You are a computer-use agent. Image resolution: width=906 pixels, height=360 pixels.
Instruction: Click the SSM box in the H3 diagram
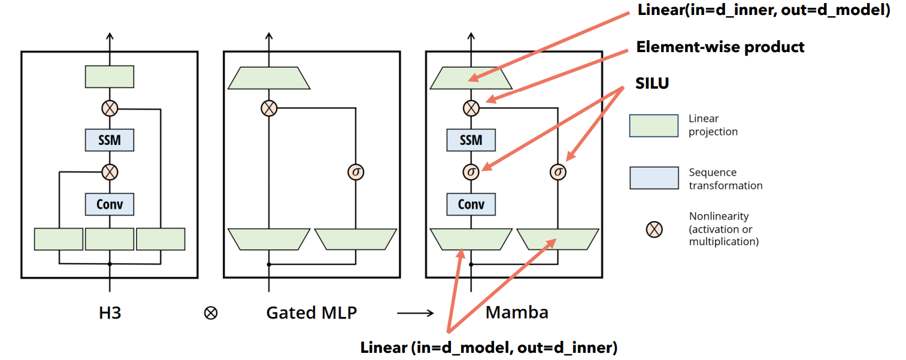[109, 140]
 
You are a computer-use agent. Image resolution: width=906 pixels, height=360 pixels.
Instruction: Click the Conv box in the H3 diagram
[109, 204]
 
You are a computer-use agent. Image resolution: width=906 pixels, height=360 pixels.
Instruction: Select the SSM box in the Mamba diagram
[471, 140]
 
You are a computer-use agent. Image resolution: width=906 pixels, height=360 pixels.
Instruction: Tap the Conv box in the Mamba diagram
[471, 204]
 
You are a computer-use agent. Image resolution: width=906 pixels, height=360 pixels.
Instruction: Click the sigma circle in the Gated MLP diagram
[356, 173]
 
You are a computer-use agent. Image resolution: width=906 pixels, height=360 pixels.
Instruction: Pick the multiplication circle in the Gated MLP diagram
[269, 108]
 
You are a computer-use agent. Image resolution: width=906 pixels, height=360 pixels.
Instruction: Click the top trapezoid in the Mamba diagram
[471, 78]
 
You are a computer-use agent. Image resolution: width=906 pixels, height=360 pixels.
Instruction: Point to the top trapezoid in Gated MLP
[269, 78]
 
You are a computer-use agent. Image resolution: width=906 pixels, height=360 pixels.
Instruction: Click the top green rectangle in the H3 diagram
[109, 77]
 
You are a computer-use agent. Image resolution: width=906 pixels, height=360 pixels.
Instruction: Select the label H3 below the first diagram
[110, 313]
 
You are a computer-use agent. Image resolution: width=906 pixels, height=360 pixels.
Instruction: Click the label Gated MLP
[312, 313]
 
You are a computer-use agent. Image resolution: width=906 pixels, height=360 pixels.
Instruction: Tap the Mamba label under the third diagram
[517, 313]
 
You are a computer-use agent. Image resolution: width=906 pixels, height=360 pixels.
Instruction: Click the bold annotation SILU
[652, 84]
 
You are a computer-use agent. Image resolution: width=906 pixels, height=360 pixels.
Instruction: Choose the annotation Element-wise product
[720, 47]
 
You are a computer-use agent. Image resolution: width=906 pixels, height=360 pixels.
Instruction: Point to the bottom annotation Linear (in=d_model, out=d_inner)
[489, 347]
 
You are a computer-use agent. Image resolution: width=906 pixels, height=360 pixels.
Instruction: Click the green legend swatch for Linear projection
[653, 126]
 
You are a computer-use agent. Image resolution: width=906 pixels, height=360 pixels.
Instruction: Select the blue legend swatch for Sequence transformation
[653, 179]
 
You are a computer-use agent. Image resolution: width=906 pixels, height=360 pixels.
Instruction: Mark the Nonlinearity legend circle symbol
[655, 228]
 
